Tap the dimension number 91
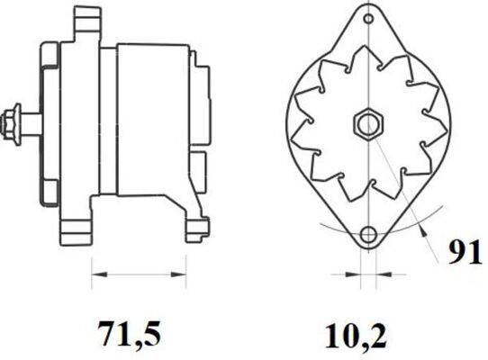(x=465, y=253)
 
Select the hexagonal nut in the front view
(x=369, y=124)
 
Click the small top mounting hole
(x=368, y=19)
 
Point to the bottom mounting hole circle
(x=369, y=234)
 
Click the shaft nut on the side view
(x=10, y=124)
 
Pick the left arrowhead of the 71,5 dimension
(x=100, y=274)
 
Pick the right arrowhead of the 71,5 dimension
(x=178, y=274)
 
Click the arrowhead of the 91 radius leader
(x=421, y=230)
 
